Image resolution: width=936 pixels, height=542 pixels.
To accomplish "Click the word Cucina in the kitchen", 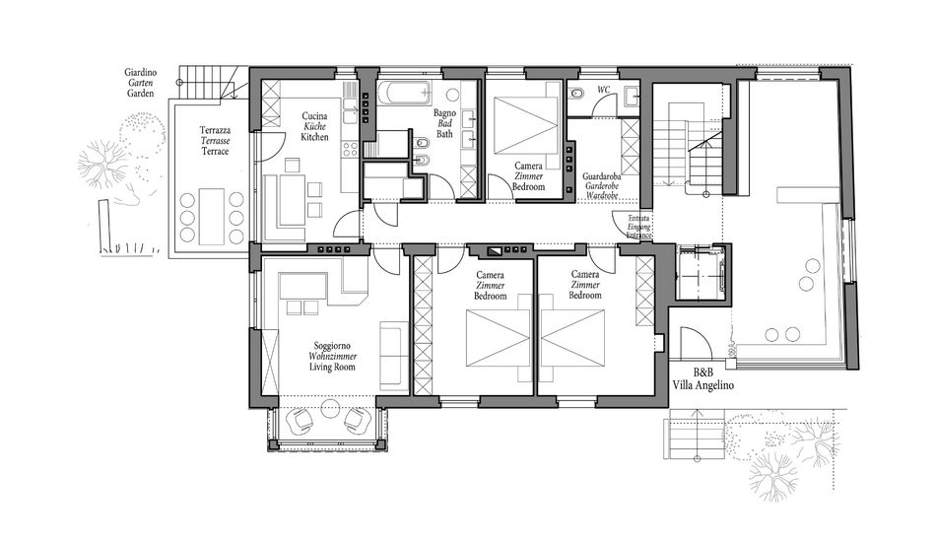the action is tap(314, 116).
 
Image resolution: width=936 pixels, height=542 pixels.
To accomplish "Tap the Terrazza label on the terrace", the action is tap(215, 130).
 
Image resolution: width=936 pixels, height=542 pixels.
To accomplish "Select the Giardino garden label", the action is tap(141, 72).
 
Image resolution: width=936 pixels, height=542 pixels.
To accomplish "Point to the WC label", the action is tap(604, 90).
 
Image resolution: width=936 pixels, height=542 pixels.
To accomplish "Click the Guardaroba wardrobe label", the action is tap(602, 176).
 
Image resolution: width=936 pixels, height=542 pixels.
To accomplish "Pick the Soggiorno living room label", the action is tap(332, 346).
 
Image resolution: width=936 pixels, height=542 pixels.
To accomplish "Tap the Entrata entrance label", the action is tap(638, 219).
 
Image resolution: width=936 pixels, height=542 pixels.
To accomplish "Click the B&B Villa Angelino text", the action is tap(703, 379).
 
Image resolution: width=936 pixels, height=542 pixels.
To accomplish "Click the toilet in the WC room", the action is tap(576, 94).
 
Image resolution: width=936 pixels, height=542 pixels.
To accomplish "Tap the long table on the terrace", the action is tap(211, 216).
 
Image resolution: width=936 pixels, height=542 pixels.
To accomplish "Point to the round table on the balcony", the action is tap(330, 409).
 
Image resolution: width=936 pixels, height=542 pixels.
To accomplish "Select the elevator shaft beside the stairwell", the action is tap(702, 273).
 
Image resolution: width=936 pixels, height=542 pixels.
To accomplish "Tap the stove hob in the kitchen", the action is tap(350, 149).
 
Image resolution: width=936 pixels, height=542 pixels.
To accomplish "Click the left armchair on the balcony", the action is tap(301, 421).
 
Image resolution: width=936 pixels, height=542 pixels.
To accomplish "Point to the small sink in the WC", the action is tap(632, 96).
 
